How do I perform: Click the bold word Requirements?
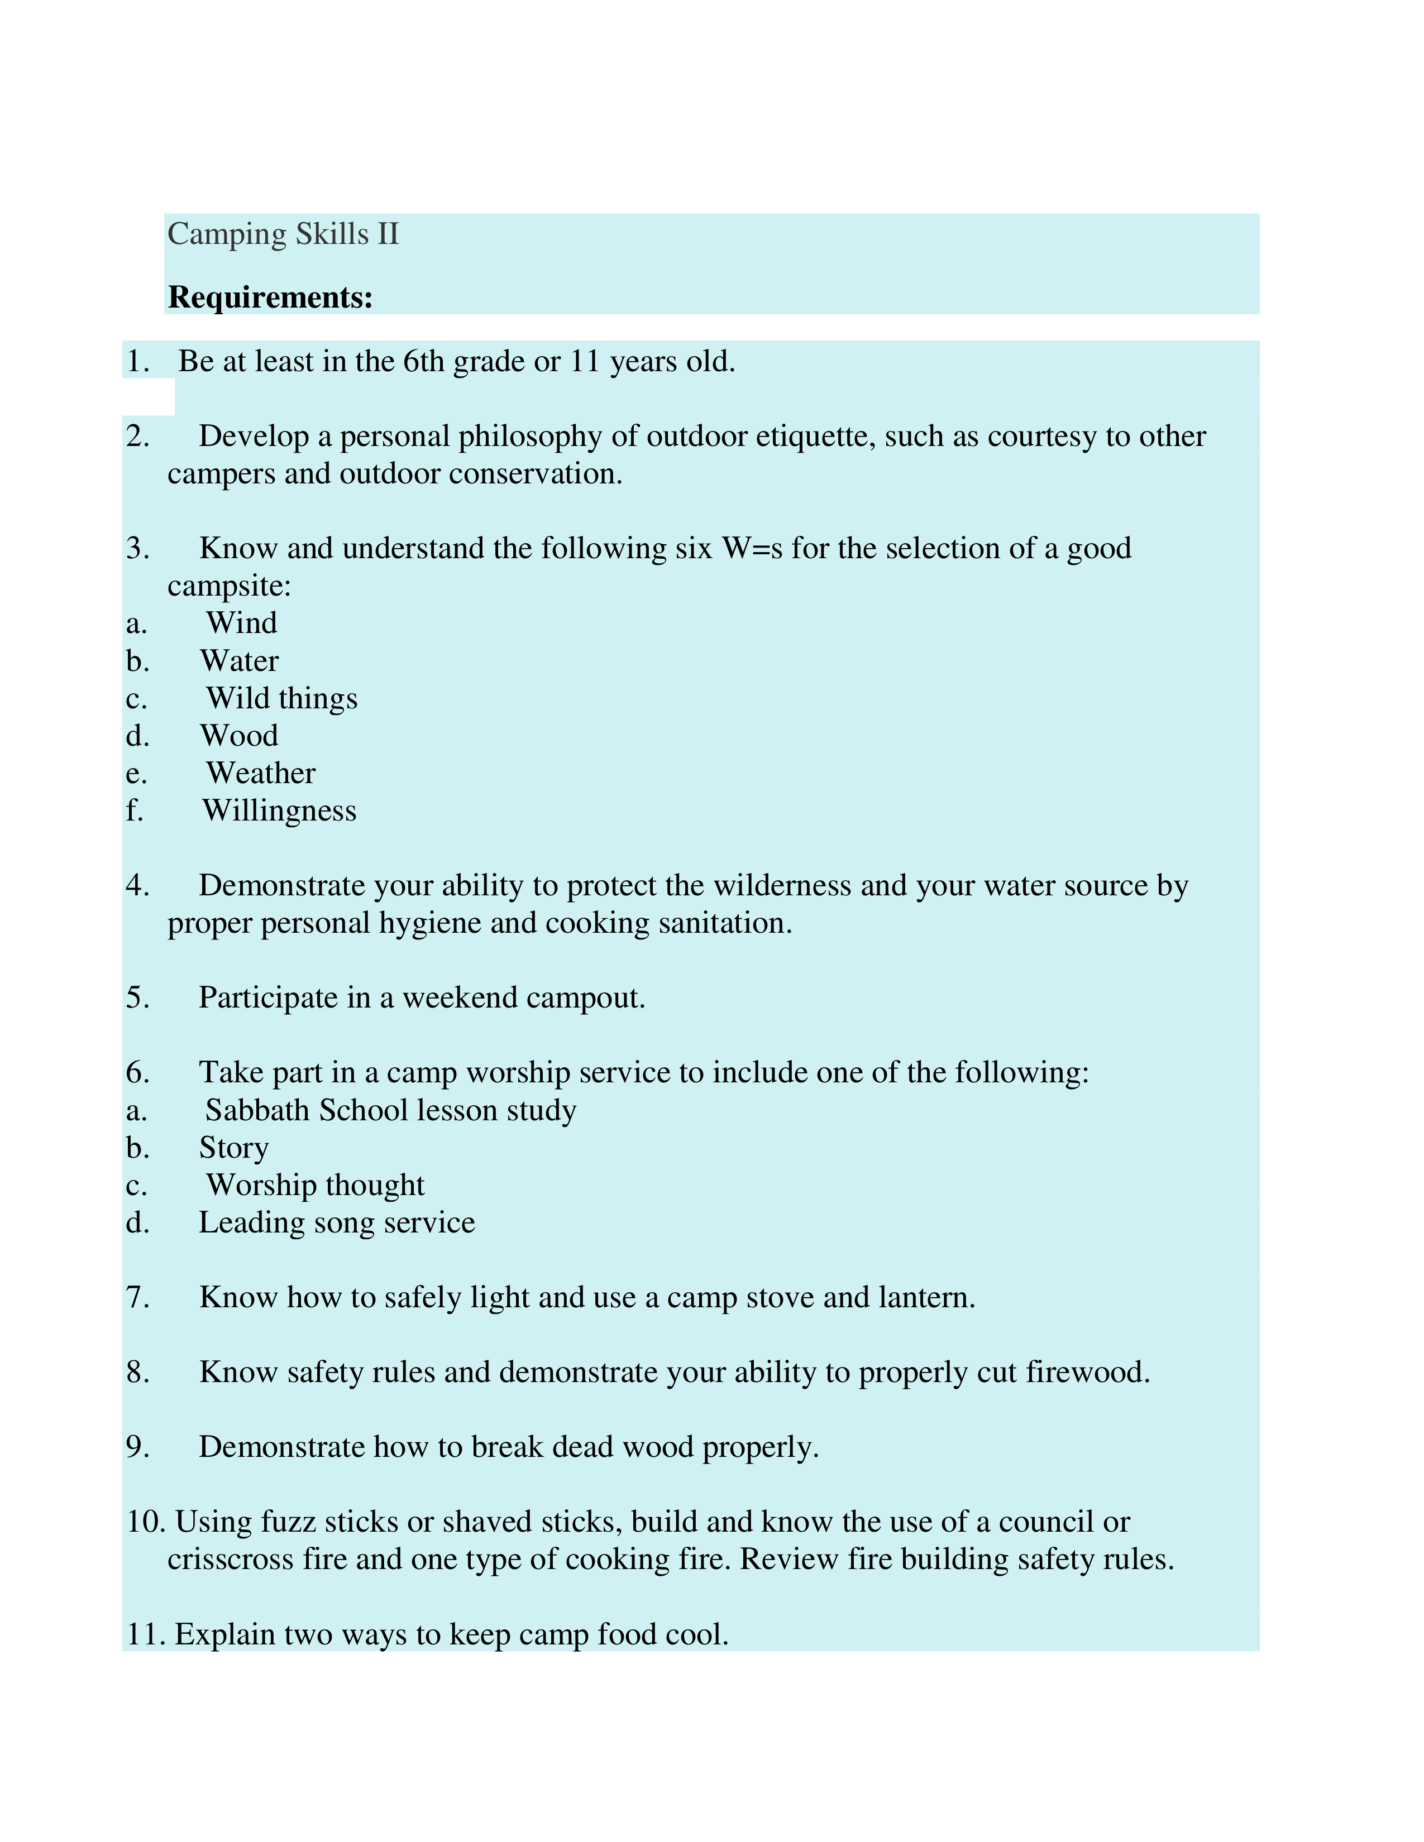click(x=270, y=298)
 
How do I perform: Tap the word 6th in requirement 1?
click(x=423, y=362)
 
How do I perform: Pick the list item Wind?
click(x=241, y=623)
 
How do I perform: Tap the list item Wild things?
click(x=282, y=698)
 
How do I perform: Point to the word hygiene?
click(x=430, y=924)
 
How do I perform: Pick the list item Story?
click(x=233, y=1148)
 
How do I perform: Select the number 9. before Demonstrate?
click(x=137, y=1447)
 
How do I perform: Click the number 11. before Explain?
click(x=146, y=1634)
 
